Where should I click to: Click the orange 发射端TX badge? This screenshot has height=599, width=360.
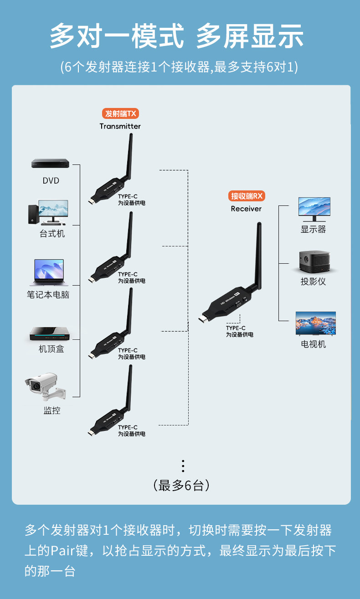coord(120,113)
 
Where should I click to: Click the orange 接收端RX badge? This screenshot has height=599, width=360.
coord(247,196)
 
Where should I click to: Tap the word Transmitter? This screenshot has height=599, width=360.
coord(120,126)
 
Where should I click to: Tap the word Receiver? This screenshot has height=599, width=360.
coord(246,209)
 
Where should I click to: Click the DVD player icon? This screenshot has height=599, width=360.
coord(50,164)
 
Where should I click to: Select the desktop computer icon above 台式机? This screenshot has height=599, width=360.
coord(48,212)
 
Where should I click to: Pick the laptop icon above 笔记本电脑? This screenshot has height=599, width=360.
coord(49,272)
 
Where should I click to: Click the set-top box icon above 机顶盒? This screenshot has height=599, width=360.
coord(50,334)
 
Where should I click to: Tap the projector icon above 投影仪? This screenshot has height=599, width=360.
coord(314,262)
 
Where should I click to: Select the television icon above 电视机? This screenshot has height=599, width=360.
coord(315,323)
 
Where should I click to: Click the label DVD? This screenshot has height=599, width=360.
coord(51,181)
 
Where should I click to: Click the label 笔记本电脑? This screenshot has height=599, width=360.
coord(48,295)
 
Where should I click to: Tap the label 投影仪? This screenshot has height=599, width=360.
coord(314,282)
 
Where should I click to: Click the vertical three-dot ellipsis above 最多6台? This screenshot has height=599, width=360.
coord(183,466)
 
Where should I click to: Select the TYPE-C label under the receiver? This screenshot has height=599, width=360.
coord(236,328)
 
